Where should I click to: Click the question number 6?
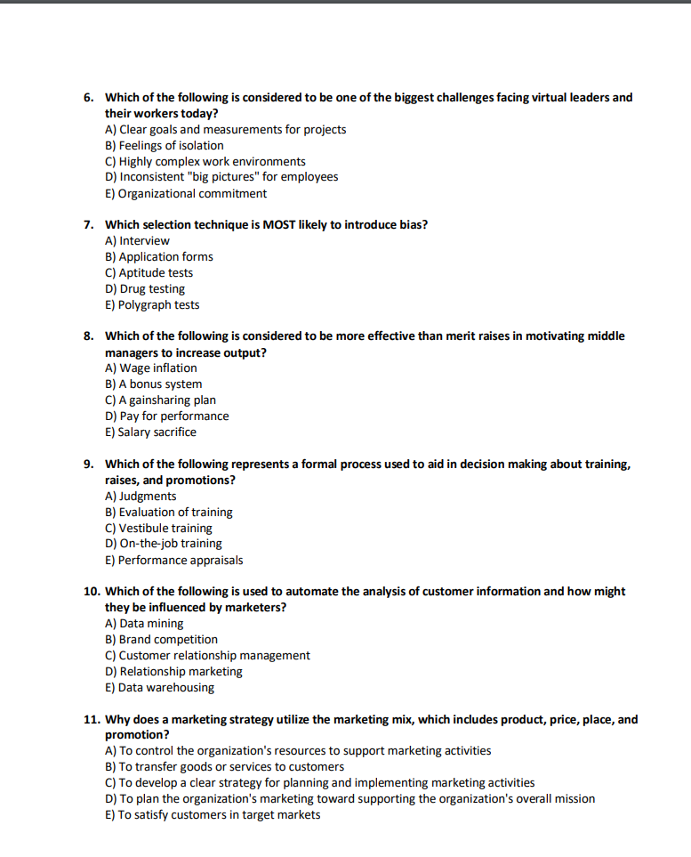click(x=89, y=97)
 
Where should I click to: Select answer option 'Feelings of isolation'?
click(x=165, y=145)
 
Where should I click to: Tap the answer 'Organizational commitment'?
click(x=186, y=193)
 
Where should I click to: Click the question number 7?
click(x=89, y=224)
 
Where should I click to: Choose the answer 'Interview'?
click(x=137, y=240)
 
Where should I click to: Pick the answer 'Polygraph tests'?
click(x=152, y=304)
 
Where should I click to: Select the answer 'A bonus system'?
click(x=154, y=384)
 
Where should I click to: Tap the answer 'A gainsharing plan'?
click(x=160, y=400)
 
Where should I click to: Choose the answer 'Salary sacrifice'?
click(x=150, y=432)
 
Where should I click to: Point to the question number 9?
click(x=89, y=464)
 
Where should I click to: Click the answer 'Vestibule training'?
click(x=158, y=528)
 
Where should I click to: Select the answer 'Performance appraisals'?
click(x=173, y=560)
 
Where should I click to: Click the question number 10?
click(x=91, y=591)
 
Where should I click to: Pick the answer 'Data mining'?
click(x=144, y=623)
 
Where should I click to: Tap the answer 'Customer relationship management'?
click(x=207, y=655)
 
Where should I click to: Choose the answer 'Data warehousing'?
click(x=159, y=687)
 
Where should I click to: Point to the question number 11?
click(x=91, y=719)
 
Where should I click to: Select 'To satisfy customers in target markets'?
click(x=213, y=814)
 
